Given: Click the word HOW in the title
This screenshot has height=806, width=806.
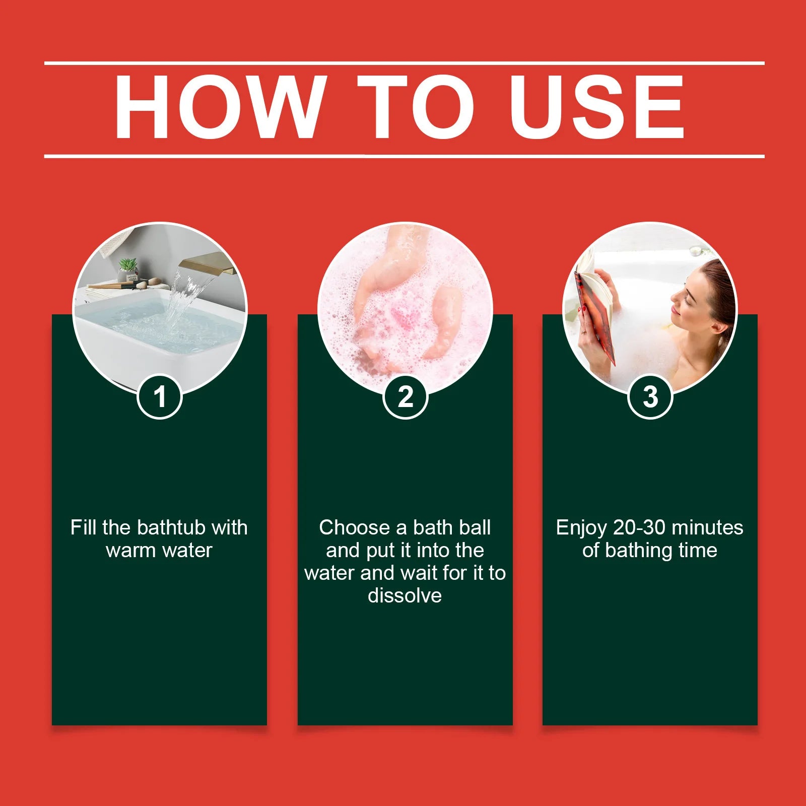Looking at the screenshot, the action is pyautogui.click(x=218, y=107).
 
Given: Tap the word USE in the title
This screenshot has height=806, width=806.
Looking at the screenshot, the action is pyautogui.click(x=597, y=107).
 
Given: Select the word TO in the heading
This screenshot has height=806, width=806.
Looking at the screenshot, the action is pyautogui.click(x=416, y=107).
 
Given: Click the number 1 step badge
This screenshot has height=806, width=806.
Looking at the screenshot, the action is pyautogui.click(x=159, y=396).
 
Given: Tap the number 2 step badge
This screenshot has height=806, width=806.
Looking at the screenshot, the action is pyautogui.click(x=405, y=396).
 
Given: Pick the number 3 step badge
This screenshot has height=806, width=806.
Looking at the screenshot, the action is pyautogui.click(x=650, y=396).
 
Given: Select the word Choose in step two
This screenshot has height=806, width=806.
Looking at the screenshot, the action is pyautogui.click(x=355, y=527).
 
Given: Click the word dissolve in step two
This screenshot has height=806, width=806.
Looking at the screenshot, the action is pyautogui.click(x=405, y=595).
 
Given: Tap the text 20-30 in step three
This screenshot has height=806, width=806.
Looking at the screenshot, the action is pyautogui.click(x=640, y=527).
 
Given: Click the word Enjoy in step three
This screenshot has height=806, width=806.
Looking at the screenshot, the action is pyautogui.click(x=581, y=528).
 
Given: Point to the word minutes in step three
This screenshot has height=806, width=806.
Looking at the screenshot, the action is pyautogui.click(x=708, y=527).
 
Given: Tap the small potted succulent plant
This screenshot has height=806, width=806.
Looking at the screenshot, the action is pyautogui.click(x=128, y=270).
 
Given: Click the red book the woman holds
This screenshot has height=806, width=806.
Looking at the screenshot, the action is pyautogui.click(x=597, y=310).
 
